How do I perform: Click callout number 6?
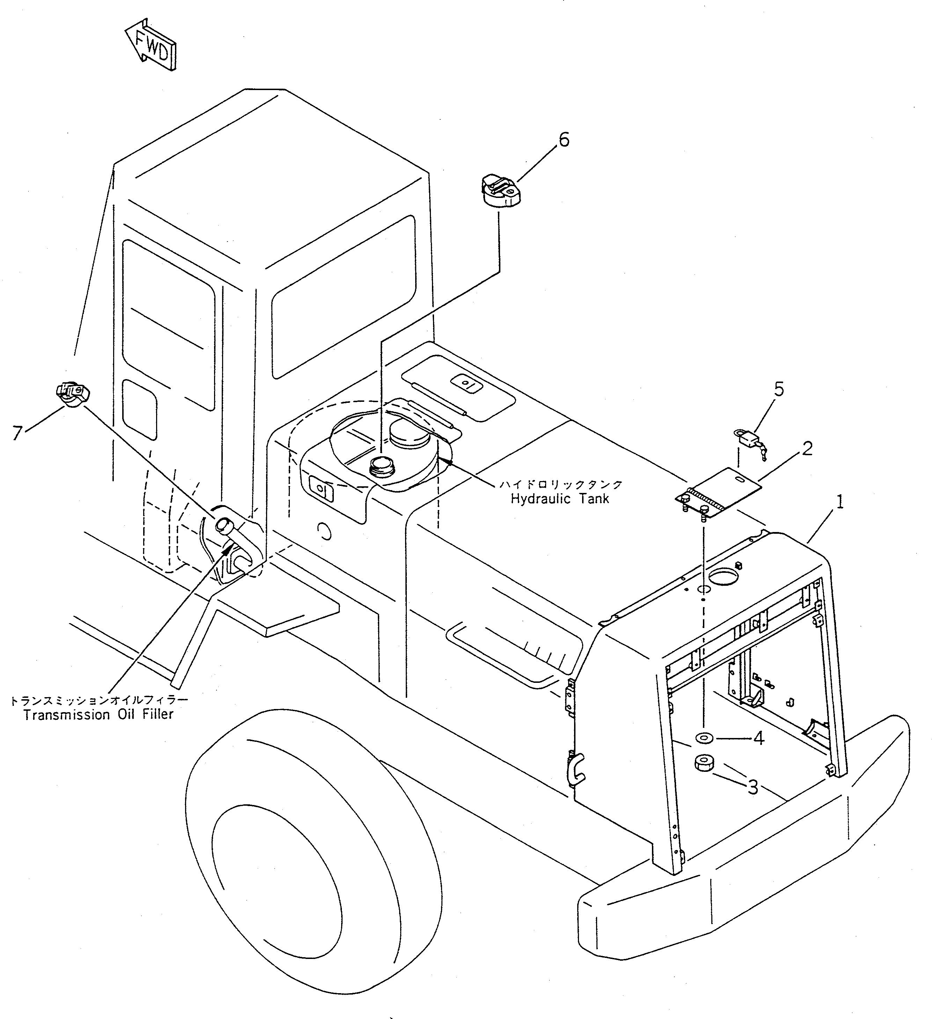(563, 140)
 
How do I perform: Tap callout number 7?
(18, 433)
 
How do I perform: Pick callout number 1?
(840, 502)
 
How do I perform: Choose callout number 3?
(753, 787)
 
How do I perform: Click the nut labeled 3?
(703, 763)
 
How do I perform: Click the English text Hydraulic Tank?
(560, 499)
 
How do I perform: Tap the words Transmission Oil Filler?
(98, 715)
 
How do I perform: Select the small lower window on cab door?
(140, 409)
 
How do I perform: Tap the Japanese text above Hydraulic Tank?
(561, 484)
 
